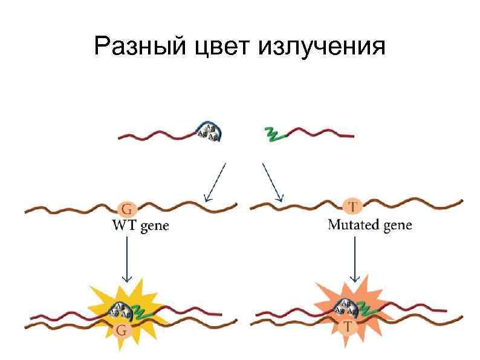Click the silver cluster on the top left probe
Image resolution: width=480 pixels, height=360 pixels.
click(x=208, y=132)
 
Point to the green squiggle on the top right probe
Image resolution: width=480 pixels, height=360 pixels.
click(x=274, y=134)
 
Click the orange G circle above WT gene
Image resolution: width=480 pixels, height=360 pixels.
click(x=127, y=209)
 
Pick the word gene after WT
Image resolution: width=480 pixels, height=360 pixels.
click(x=155, y=227)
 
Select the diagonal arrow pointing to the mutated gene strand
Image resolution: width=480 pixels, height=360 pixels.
click(x=271, y=181)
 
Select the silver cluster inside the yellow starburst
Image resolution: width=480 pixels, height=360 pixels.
click(x=120, y=310)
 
